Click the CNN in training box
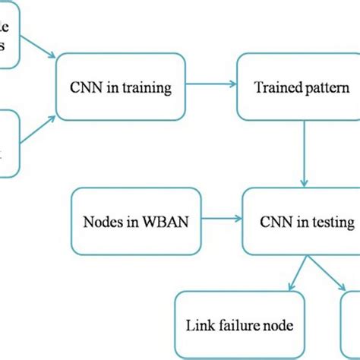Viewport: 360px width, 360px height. pyautogui.click(x=119, y=88)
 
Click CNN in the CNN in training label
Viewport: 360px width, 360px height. pyautogui.click(x=83, y=88)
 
